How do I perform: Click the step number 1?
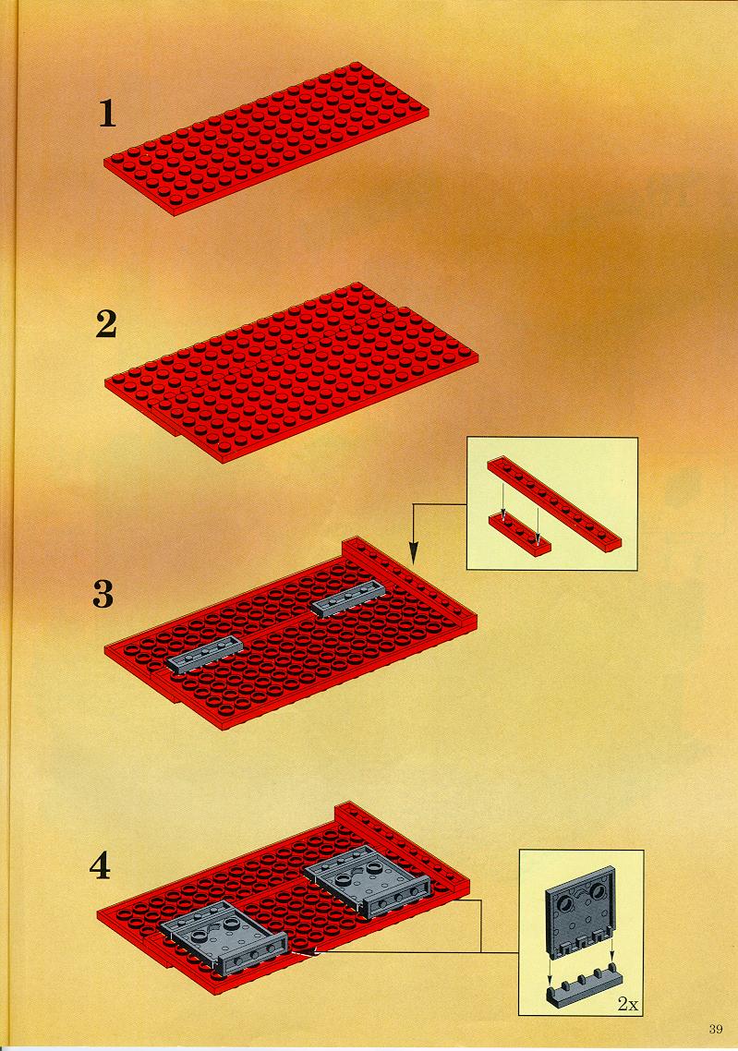(x=107, y=114)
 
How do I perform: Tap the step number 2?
(x=106, y=324)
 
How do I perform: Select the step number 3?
(x=103, y=594)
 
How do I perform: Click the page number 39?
(x=715, y=1029)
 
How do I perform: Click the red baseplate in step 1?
(x=267, y=139)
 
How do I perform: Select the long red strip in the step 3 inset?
(x=554, y=505)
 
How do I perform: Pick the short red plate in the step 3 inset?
(x=519, y=534)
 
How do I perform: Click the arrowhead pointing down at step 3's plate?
(x=414, y=553)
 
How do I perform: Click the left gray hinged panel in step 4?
(x=224, y=936)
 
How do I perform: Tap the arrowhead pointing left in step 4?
(x=303, y=951)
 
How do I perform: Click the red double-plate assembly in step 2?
(x=292, y=373)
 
